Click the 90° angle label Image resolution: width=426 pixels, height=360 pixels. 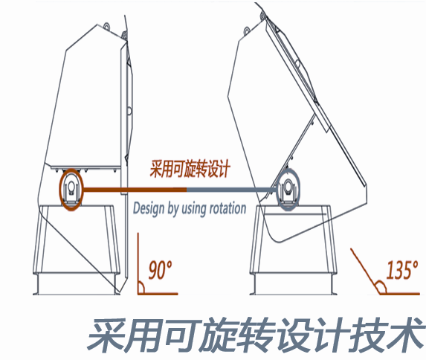click(x=161, y=270)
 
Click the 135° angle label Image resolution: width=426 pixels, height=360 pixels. click(x=402, y=270)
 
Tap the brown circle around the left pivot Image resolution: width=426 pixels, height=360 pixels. click(x=60, y=190)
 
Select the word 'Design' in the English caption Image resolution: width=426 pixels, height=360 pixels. click(x=149, y=208)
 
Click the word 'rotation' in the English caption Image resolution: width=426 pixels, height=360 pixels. click(x=228, y=208)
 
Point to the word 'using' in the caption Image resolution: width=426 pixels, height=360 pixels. click(x=195, y=209)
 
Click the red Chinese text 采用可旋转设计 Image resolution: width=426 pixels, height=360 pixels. click(x=190, y=169)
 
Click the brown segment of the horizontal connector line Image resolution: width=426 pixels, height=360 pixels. click(x=135, y=190)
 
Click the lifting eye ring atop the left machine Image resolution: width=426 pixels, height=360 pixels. click(x=106, y=26)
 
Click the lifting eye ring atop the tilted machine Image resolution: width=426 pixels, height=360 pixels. click(x=247, y=30)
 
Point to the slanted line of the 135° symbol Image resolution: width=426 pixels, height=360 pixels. click(x=364, y=271)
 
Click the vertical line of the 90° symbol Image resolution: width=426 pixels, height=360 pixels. click(x=138, y=263)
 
